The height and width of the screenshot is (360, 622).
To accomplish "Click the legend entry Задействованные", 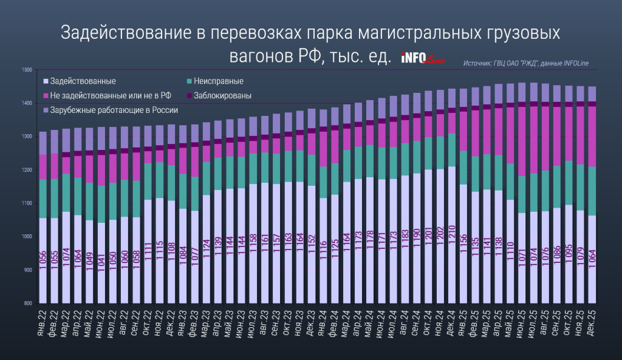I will coord(83,80).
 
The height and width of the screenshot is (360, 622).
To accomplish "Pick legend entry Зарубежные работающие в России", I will coord(114,110).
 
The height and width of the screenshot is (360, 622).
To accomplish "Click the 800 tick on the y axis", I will coord(27,303).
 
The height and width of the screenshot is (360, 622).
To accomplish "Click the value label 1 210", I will coord(452,246).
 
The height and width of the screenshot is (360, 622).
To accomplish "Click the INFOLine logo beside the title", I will coord(423,58).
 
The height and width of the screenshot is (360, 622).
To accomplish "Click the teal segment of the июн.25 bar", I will coord(522,194).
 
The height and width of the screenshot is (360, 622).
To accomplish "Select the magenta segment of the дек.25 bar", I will coord(592,136).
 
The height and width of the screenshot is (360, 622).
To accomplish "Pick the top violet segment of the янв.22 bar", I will coord(43,143).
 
